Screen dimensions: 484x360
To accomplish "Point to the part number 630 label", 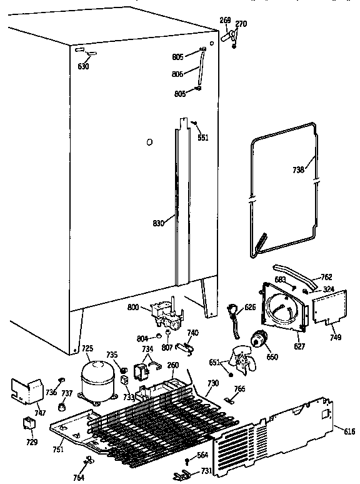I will (x=84, y=66).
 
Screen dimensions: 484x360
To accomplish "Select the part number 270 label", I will (x=241, y=24).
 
